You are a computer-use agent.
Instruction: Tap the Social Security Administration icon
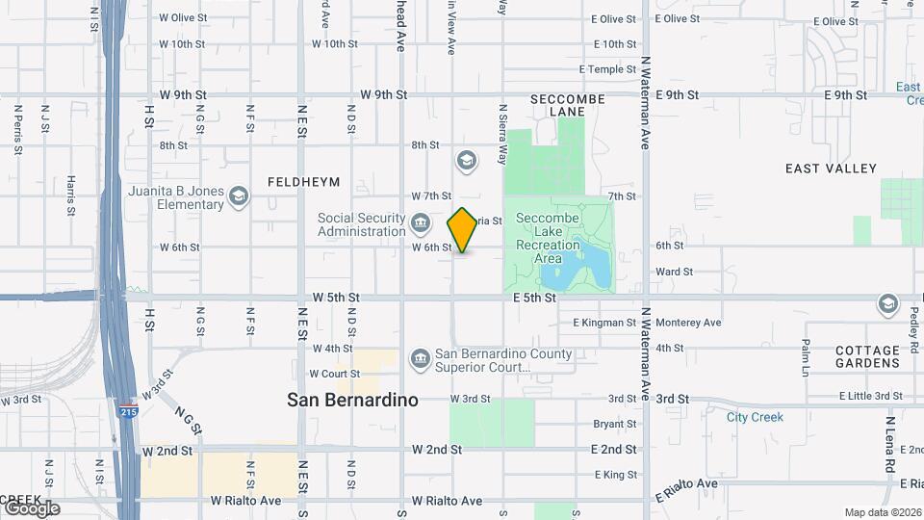pyautogui.click(x=421, y=224)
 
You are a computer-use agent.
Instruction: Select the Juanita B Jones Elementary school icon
pyautogui.click(x=237, y=198)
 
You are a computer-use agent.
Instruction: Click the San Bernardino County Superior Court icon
pyautogui.click(x=421, y=359)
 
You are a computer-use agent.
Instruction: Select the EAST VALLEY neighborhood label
pyautogui.click(x=831, y=169)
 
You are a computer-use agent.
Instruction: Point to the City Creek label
pyautogui.click(x=755, y=417)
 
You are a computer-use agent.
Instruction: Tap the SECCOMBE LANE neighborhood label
pyautogui.click(x=568, y=105)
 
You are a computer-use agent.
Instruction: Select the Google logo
pyautogui.click(x=31, y=507)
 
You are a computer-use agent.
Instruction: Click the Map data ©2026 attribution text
pyautogui.click(x=883, y=512)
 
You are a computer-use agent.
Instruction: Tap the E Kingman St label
pyautogui.click(x=604, y=323)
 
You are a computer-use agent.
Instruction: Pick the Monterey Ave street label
pyautogui.click(x=687, y=323)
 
